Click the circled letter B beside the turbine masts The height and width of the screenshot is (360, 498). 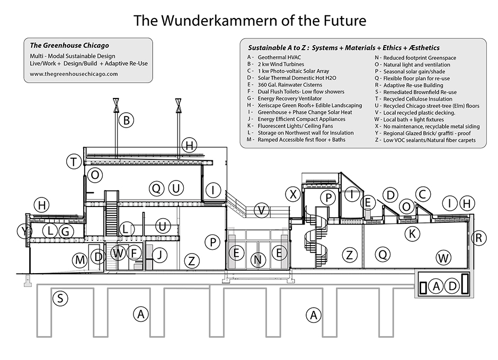coord(126,120)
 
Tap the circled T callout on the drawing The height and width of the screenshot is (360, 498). coord(74,161)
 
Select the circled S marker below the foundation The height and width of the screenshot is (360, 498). coord(61,298)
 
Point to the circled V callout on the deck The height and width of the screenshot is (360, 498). coord(260,210)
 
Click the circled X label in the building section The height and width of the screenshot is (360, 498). coord(292,194)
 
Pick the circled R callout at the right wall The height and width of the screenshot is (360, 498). coord(478,238)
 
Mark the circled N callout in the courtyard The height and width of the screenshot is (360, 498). coord(257,259)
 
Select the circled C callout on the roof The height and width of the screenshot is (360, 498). coord(422,195)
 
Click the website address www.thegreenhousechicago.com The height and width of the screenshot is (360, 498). coord(74,74)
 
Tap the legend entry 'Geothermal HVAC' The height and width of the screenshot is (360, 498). coord(280,57)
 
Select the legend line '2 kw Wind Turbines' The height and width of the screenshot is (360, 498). coord(281,64)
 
